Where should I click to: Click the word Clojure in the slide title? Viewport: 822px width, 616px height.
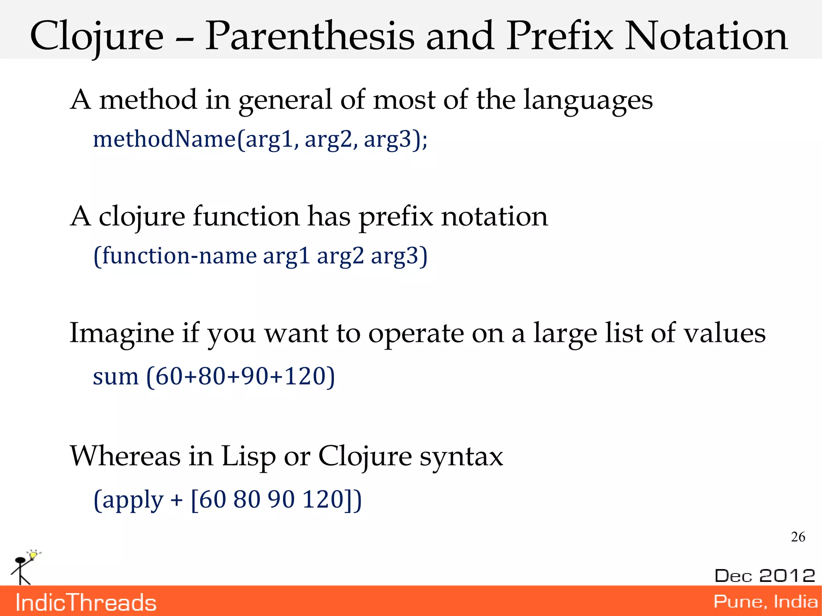pos(97,37)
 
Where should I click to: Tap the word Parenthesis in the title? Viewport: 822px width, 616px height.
pos(309,37)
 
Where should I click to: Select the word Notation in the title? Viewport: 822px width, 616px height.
pos(706,37)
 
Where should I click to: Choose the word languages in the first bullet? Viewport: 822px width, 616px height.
pos(588,100)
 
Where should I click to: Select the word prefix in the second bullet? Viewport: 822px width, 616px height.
pos(396,217)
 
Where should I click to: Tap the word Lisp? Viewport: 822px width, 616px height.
pos(248,456)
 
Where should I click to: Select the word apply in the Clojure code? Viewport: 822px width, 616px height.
pos(132,500)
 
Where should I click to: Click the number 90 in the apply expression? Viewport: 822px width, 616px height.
pos(281,500)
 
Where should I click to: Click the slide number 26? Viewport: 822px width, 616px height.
pos(798,537)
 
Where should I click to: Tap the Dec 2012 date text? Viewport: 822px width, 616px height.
pos(765,575)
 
